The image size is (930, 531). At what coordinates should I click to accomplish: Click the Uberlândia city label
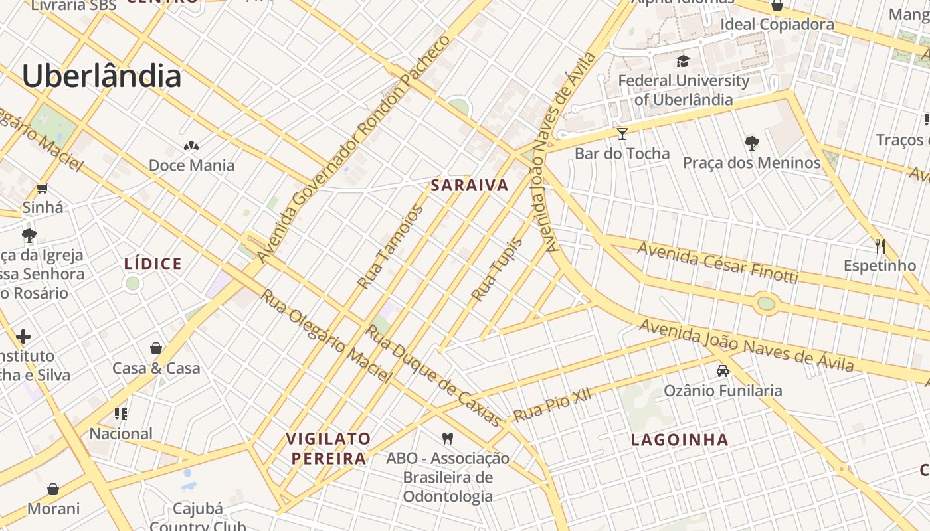102,76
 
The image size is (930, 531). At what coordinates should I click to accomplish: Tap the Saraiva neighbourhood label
470,185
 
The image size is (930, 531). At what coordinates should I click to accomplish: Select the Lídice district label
153,264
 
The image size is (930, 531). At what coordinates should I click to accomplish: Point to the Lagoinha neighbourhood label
680,439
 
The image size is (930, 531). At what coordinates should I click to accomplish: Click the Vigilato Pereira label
328,449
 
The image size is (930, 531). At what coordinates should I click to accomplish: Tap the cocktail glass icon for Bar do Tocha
622,134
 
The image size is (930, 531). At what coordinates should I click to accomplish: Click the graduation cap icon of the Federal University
683,62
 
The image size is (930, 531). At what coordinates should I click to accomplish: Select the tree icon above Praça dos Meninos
752,143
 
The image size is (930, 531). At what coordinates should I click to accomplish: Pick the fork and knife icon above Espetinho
880,246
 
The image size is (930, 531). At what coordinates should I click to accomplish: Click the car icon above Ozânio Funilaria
723,371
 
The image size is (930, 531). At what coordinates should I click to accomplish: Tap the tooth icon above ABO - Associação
448,438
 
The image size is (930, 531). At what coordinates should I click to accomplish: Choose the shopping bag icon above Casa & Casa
156,348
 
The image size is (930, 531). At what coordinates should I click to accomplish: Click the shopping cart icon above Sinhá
43,189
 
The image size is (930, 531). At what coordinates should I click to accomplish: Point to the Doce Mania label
191,165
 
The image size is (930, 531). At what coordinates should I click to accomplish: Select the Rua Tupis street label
496,269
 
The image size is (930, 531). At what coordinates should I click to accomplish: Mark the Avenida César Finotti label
717,262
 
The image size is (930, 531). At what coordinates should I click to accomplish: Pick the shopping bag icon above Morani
53,490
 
